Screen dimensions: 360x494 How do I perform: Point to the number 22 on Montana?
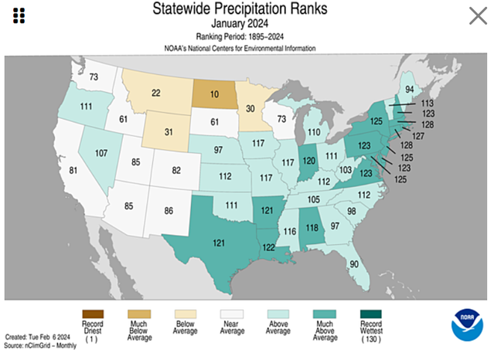156,93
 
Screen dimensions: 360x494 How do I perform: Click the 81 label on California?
74,171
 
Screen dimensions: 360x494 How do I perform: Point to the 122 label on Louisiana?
269,246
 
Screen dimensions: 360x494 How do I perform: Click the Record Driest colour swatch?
92,313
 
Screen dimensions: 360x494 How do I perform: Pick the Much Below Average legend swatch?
139,313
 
